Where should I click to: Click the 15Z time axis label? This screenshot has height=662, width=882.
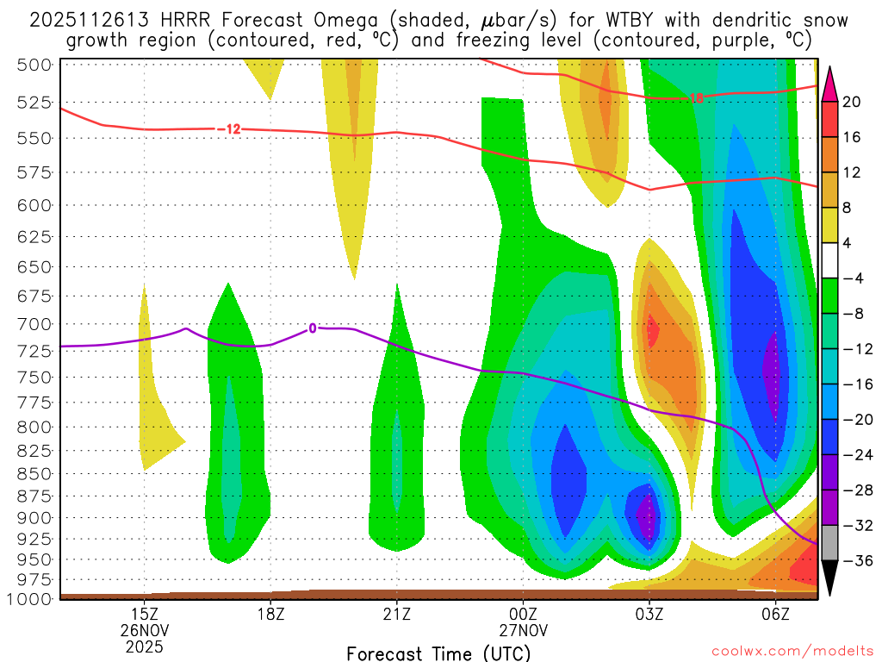click(145, 614)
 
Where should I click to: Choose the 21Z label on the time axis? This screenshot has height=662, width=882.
click(396, 614)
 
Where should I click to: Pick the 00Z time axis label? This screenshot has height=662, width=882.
click(523, 614)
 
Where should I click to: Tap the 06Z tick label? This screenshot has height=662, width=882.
click(775, 614)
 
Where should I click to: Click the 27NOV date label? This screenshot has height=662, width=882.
click(523, 629)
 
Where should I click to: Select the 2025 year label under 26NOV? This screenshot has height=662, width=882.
click(145, 645)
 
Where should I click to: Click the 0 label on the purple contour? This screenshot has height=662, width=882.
click(313, 328)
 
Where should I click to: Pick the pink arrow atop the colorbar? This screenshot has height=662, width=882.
click(829, 84)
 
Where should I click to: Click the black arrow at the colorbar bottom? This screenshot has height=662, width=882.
click(829, 578)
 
